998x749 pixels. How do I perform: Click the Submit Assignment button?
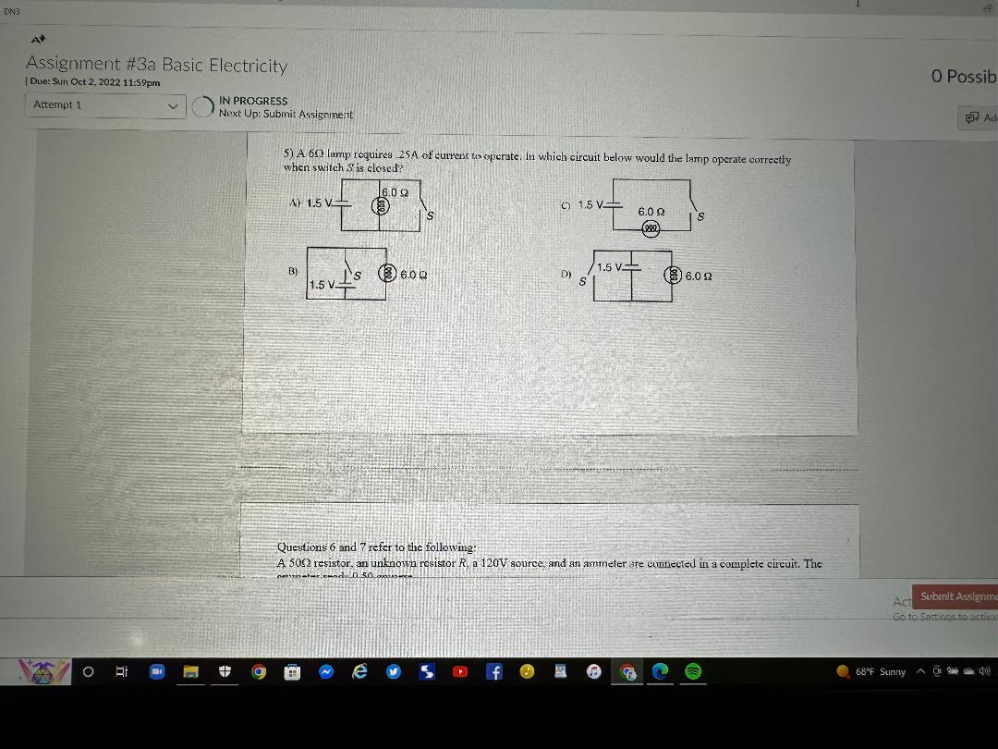957,596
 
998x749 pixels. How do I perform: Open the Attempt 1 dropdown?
104,105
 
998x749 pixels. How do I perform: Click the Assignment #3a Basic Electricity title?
156,65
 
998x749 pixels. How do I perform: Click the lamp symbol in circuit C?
651,227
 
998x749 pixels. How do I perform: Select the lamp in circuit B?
390,274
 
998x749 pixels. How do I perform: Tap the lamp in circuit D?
674,276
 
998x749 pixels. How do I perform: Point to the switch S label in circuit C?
702,217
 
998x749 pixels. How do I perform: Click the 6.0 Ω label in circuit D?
699,276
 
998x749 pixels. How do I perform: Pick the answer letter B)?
293,272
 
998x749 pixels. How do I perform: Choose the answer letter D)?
566,274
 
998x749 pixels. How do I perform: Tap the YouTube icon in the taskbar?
459,672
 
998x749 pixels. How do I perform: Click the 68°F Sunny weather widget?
872,672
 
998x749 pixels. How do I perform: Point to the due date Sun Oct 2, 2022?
94,82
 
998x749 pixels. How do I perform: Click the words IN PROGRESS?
253,101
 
